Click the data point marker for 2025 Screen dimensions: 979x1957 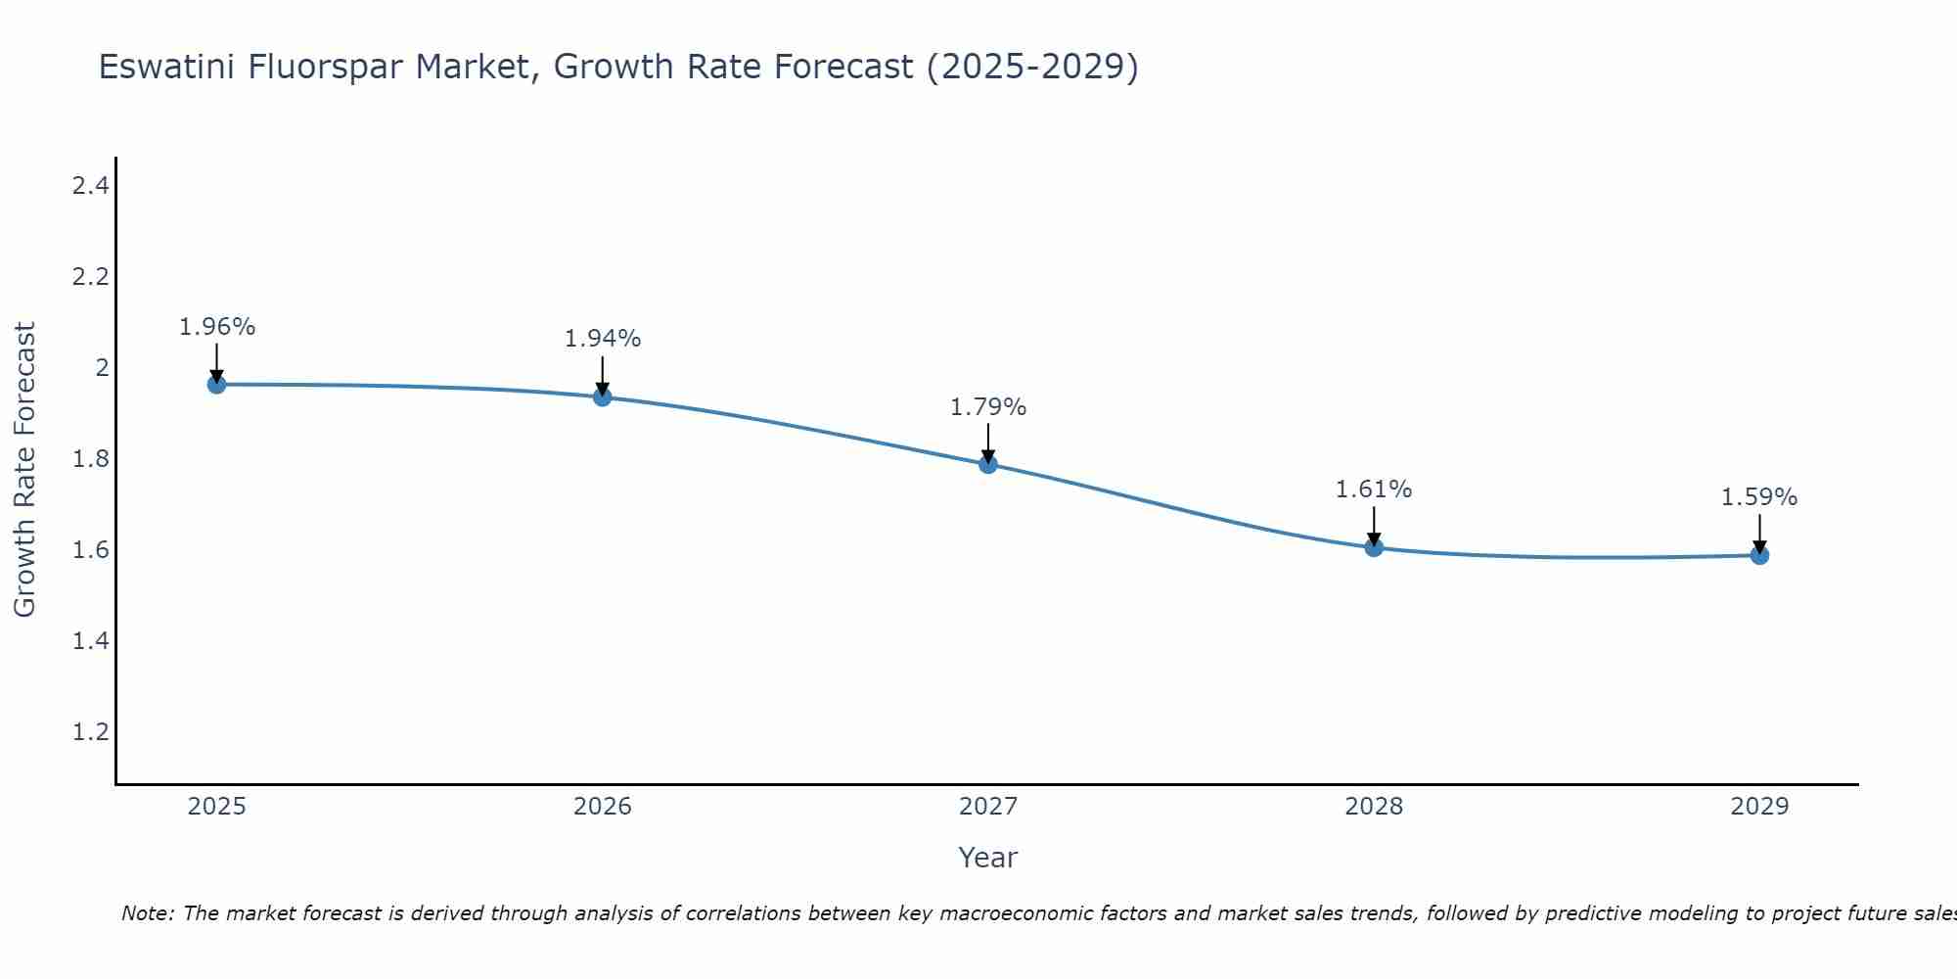(x=216, y=385)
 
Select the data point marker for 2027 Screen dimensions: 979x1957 (x=988, y=464)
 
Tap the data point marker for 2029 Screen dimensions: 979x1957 (x=1759, y=556)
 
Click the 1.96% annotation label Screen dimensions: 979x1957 (x=216, y=327)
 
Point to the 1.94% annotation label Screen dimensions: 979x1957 (x=603, y=339)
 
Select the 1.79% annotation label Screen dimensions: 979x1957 (x=988, y=407)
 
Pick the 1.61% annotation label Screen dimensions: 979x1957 (x=1374, y=489)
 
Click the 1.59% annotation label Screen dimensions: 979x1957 (x=1759, y=497)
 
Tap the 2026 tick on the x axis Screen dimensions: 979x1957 (x=603, y=807)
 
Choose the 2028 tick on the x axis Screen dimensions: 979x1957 (x=1374, y=807)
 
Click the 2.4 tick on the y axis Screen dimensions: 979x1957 (x=90, y=185)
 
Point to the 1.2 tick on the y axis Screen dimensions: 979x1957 (x=90, y=732)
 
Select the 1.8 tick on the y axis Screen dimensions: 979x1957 (x=90, y=459)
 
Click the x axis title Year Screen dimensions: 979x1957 (x=988, y=858)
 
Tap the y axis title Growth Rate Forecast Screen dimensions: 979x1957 (x=24, y=470)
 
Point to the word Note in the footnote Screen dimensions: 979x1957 (x=147, y=913)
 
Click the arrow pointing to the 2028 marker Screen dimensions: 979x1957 (x=1374, y=526)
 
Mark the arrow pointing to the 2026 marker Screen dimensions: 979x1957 (x=603, y=375)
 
